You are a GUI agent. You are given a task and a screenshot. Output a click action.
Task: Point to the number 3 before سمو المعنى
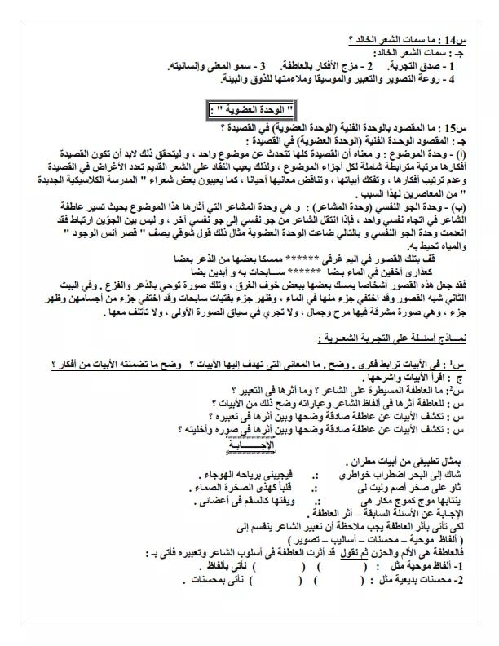point(263,65)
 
